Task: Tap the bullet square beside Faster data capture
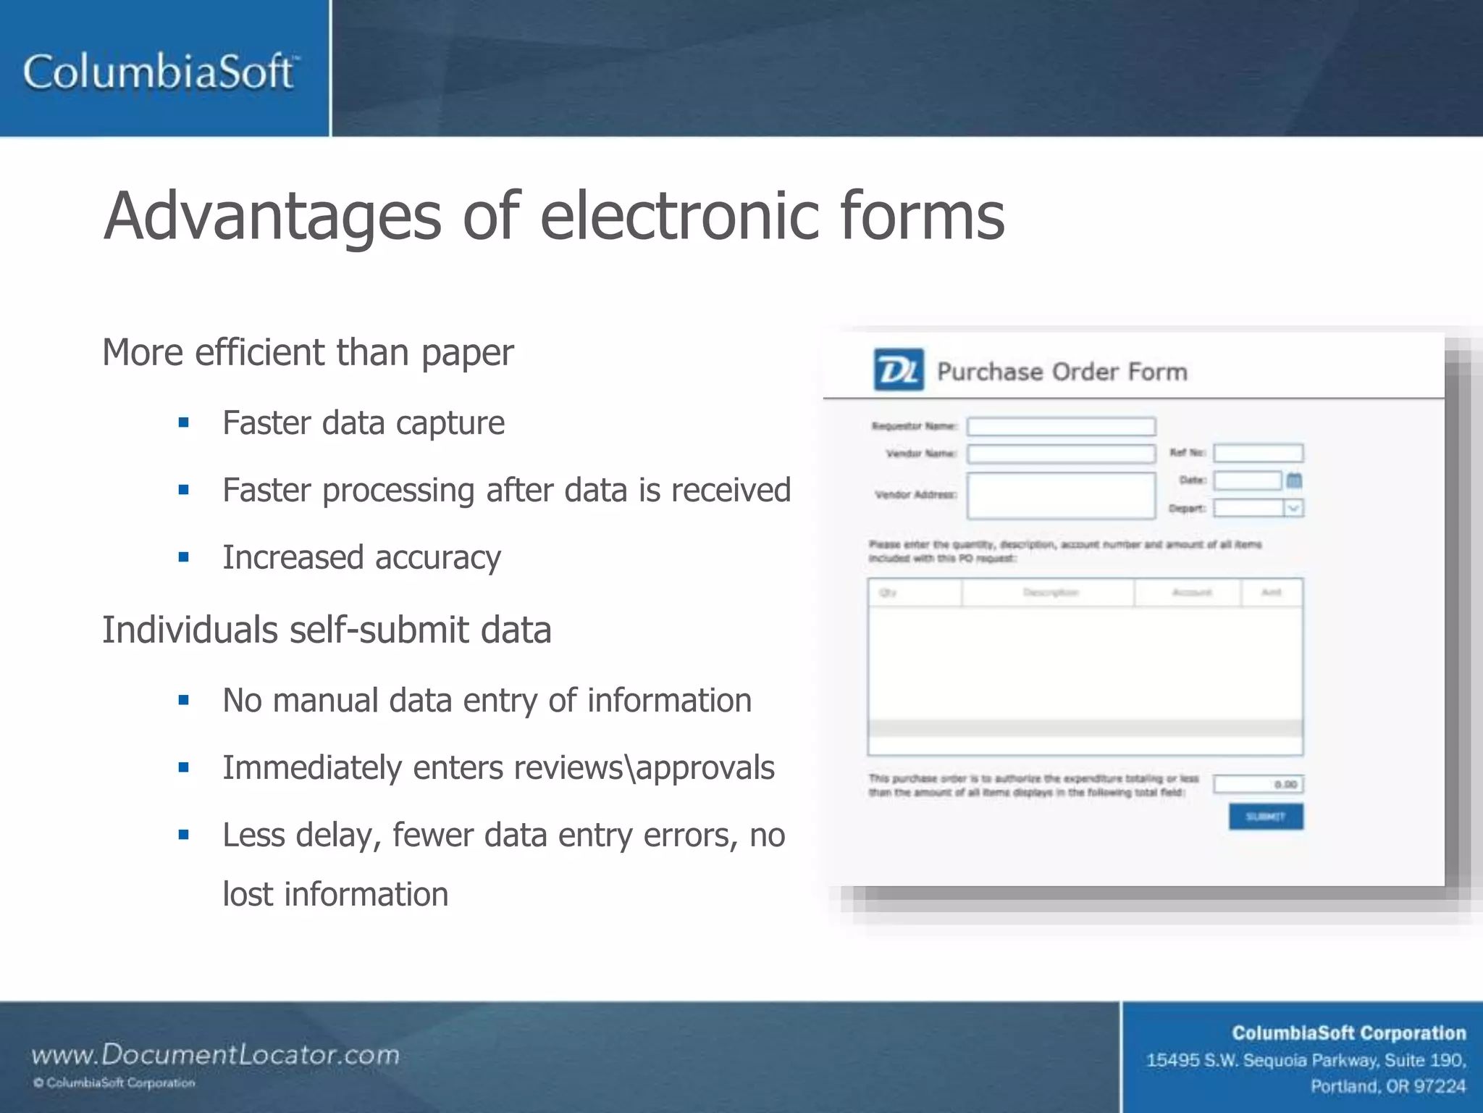(x=184, y=422)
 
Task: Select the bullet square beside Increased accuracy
(x=184, y=557)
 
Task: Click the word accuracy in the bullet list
(x=437, y=557)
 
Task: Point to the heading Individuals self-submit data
(x=327, y=630)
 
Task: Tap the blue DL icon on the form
(x=898, y=370)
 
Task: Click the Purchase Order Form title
(x=1062, y=372)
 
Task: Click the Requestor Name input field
(x=1061, y=426)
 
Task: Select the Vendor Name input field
(x=1061, y=454)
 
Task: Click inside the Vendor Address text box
(x=1061, y=496)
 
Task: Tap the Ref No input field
(x=1258, y=454)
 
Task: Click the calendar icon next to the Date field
(x=1294, y=480)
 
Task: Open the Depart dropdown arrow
(x=1293, y=508)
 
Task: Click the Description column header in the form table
(x=1050, y=593)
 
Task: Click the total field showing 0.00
(x=1258, y=784)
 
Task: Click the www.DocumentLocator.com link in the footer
(x=215, y=1054)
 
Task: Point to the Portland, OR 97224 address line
(x=1387, y=1086)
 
